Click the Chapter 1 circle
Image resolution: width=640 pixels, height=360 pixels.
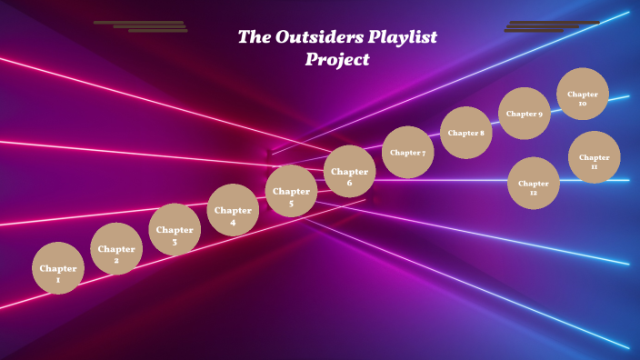(58, 268)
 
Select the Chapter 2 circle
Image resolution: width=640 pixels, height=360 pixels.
(116, 249)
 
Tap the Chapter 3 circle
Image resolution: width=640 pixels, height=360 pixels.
(175, 229)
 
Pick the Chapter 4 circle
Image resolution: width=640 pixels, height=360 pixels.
(233, 210)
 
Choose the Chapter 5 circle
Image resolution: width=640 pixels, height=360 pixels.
(291, 191)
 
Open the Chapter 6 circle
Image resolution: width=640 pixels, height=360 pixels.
(350, 171)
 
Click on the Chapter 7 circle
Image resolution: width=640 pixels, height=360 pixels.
(408, 152)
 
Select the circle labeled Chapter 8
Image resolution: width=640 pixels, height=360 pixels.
(466, 133)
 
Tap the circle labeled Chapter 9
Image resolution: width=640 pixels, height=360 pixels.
(525, 114)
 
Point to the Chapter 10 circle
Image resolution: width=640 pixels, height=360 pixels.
(583, 94)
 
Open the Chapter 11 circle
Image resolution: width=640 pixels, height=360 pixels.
(595, 157)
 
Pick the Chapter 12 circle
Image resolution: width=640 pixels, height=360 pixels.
(534, 183)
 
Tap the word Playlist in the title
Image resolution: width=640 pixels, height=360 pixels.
(403, 38)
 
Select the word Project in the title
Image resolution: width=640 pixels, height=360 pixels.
(337, 60)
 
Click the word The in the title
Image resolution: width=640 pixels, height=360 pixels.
(252, 37)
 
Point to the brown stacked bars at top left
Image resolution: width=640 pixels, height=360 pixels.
(141, 26)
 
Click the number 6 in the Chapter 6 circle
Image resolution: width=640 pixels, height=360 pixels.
(349, 183)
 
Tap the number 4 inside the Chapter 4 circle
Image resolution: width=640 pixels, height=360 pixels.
(233, 222)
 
